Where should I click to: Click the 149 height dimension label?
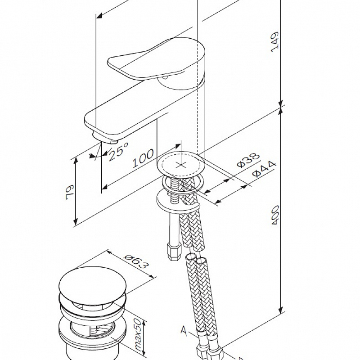[275, 42]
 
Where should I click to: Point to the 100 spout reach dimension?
[143, 159]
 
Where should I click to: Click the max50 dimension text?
[136, 335]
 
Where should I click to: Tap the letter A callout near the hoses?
[183, 332]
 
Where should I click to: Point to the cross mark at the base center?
[181, 165]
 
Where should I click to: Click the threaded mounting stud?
[173, 189]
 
